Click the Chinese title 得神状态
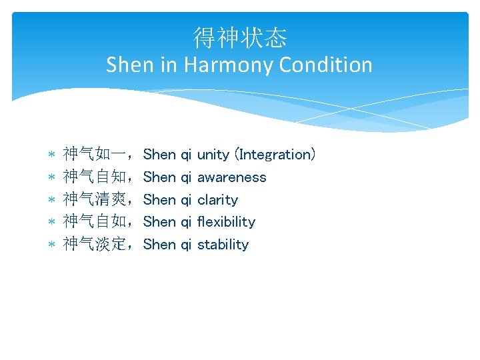coord(240,37)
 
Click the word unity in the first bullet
coord(213,155)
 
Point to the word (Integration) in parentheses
coord(277,155)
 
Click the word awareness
coord(231,177)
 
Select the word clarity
coord(217,200)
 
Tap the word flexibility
coord(226,222)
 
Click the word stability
coord(223,245)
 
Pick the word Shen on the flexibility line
coord(159,222)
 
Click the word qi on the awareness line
coord(186,178)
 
